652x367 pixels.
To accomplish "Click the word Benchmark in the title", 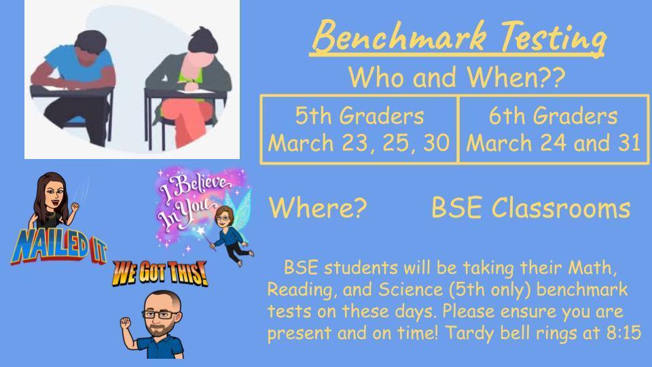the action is (399, 36).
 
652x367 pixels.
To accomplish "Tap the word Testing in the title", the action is (553, 38).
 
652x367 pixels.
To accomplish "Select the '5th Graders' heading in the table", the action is (359, 116).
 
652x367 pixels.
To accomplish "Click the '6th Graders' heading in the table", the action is (553, 116).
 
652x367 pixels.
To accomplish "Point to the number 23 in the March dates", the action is (355, 143).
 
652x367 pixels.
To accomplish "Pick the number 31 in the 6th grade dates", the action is (629, 143).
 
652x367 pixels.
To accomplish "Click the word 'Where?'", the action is (318, 207).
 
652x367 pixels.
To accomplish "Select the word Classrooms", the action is (562, 207).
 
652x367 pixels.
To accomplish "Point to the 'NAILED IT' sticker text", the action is (58, 247).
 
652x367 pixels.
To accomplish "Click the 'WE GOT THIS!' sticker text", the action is (160, 273).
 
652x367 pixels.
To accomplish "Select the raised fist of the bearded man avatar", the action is (126, 324).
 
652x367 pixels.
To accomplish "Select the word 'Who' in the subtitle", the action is (376, 77).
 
